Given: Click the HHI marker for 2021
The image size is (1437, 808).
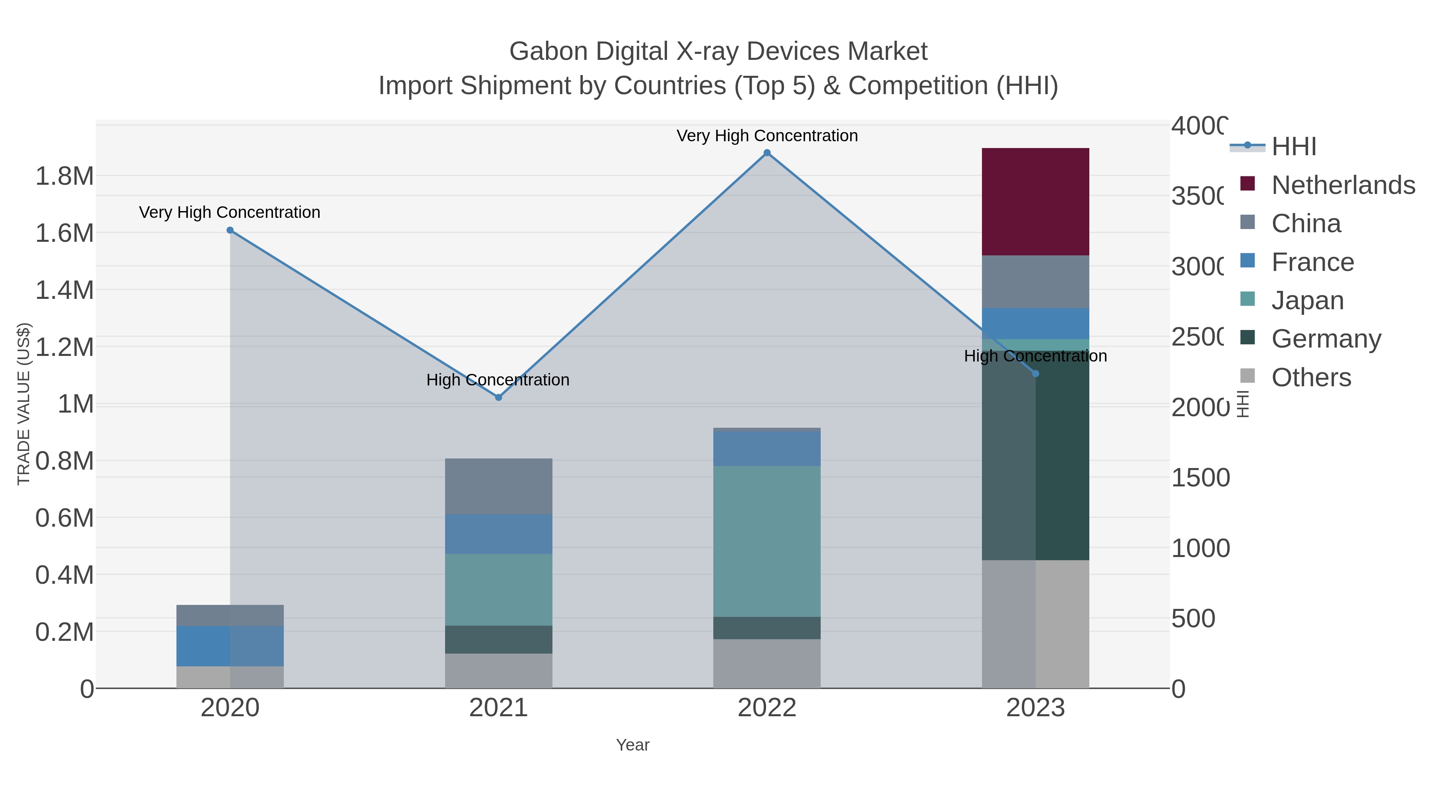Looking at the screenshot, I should [x=498, y=397].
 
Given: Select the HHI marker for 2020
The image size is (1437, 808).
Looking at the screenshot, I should [x=230, y=230].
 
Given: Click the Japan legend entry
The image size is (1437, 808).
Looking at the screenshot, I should [x=1306, y=300].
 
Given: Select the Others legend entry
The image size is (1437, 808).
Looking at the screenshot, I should [x=1310, y=377].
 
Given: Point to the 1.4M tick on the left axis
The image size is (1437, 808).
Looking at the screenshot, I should [x=64, y=290].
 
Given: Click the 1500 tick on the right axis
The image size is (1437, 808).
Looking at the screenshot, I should [x=1200, y=478].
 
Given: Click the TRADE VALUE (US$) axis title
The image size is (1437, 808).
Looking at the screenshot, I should [x=24, y=404].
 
